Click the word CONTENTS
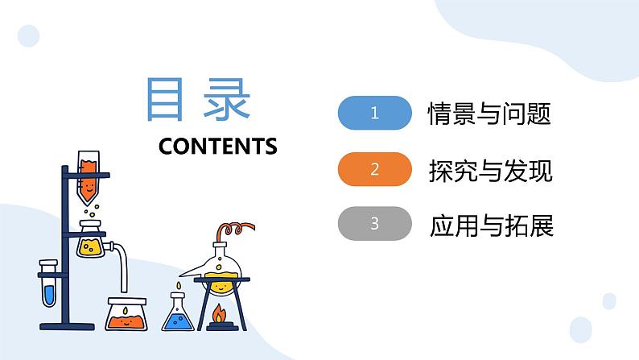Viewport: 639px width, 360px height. coord(218,146)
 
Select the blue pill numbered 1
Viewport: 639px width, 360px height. coord(374,114)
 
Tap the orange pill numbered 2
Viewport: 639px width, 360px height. coord(374,169)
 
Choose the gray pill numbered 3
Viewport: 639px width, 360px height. coord(374,224)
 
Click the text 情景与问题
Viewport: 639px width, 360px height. coord(489,114)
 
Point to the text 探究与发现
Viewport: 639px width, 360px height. coord(491,170)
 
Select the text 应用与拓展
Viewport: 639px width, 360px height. coord(491,225)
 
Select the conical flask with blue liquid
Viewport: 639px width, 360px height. coord(178,314)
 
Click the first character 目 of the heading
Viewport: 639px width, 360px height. coord(166,100)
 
